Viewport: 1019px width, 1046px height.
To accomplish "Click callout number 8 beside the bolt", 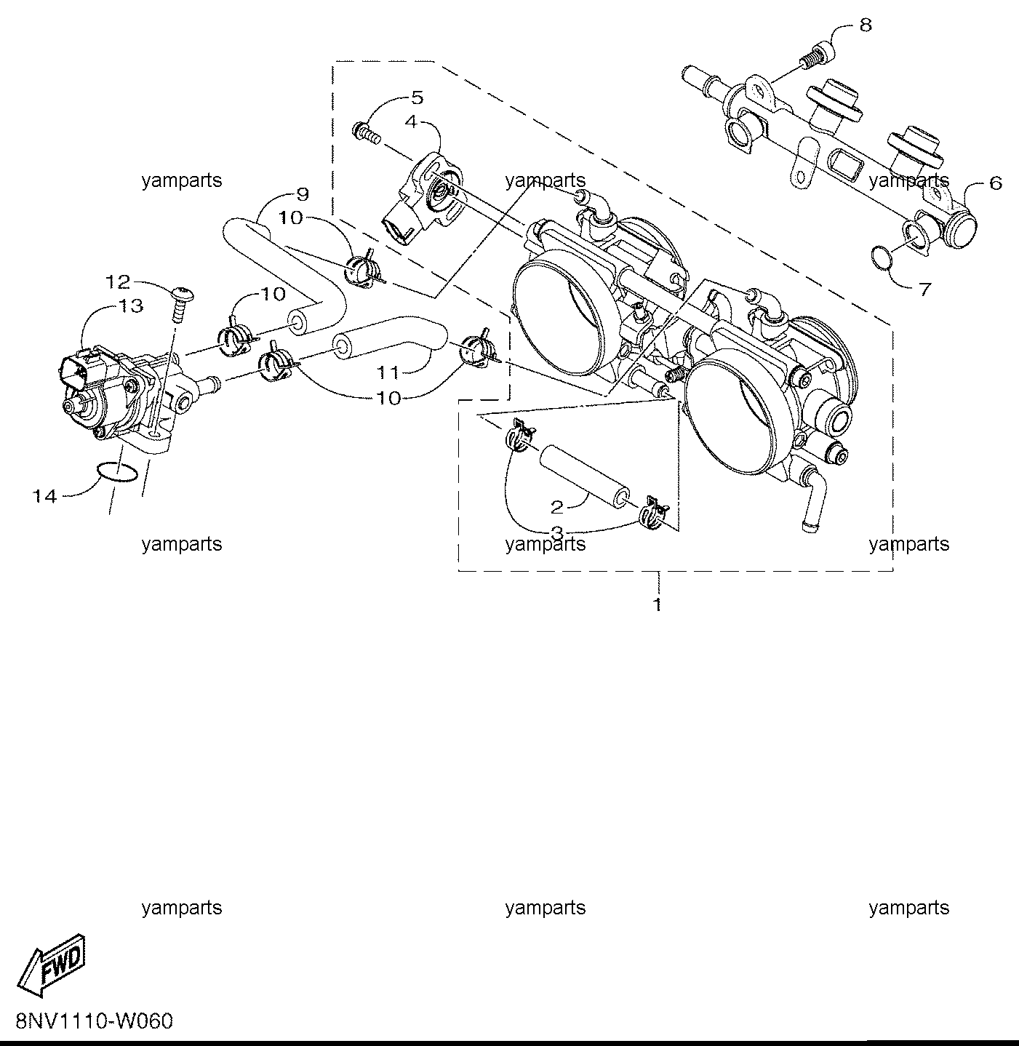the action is click(x=866, y=25).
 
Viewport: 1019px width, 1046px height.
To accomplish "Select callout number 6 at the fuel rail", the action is click(x=995, y=183).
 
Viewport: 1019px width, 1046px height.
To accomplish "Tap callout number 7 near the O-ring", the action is click(x=924, y=290).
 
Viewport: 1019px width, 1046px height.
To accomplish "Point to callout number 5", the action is click(x=417, y=97).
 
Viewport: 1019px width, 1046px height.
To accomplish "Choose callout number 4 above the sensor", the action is click(x=411, y=122).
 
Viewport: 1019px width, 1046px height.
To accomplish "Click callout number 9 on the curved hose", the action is click(x=303, y=194).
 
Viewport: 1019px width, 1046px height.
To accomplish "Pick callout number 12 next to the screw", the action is click(x=119, y=282).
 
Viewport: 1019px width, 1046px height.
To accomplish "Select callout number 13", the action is click(x=131, y=306).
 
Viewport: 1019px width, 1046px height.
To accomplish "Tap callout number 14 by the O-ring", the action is click(x=45, y=496).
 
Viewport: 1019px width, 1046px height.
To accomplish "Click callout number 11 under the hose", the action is click(x=388, y=372).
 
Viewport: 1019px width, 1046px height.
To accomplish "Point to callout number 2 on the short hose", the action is click(x=557, y=507).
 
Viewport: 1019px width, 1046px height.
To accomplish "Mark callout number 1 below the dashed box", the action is click(x=657, y=604).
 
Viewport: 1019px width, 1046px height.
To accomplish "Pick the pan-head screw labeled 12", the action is click(x=180, y=304).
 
